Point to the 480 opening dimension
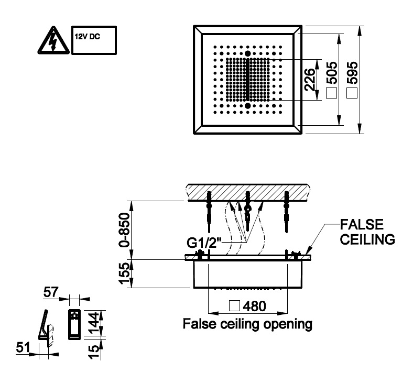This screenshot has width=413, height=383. click(254, 305)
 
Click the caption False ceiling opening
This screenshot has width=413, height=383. click(247, 324)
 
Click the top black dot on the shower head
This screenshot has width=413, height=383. click(247, 53)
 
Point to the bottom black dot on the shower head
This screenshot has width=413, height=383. click(247, 105)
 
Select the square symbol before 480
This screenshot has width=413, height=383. click(235, 305)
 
